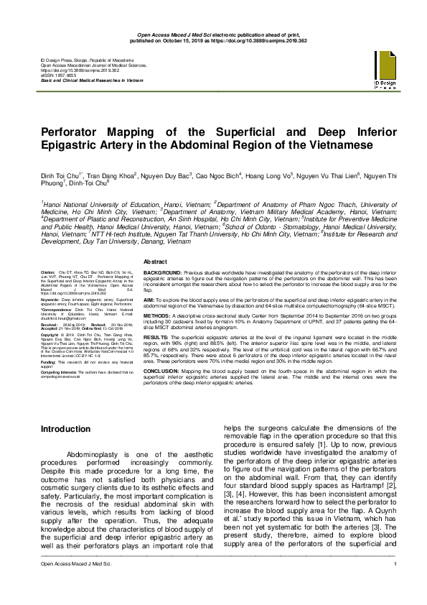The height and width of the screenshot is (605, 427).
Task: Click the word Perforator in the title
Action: (77, 134)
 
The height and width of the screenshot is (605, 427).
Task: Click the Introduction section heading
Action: (66, 428)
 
